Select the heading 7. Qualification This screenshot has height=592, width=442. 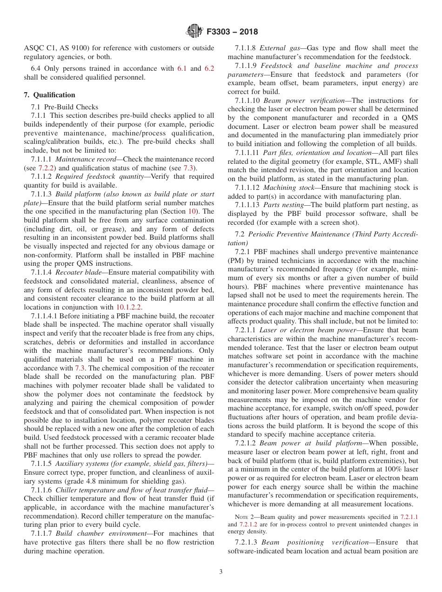pyautogui.click(x=49, y=95)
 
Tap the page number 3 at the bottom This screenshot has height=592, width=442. pyautogui.click(x=221, y=572)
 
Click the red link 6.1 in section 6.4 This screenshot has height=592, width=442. pyautogui.click(x=182, y=68)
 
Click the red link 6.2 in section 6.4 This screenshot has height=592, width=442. pyautogui.click(x=209, y=68)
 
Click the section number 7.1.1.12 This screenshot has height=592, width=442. pyautogui.click(x=247, y=187)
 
